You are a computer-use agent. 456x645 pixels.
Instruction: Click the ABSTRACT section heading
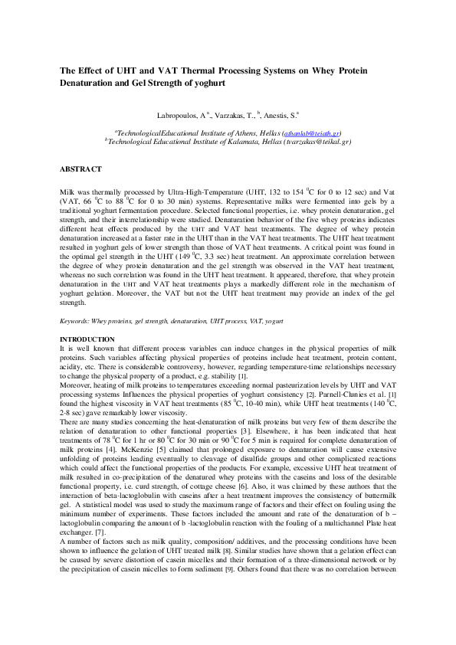[x=80, y=168]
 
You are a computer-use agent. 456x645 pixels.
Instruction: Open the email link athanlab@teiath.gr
[x=313, y=133]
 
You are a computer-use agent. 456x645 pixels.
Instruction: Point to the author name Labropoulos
[x=178, y=113]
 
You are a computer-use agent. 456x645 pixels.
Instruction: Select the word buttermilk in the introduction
[x=377, y=518]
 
